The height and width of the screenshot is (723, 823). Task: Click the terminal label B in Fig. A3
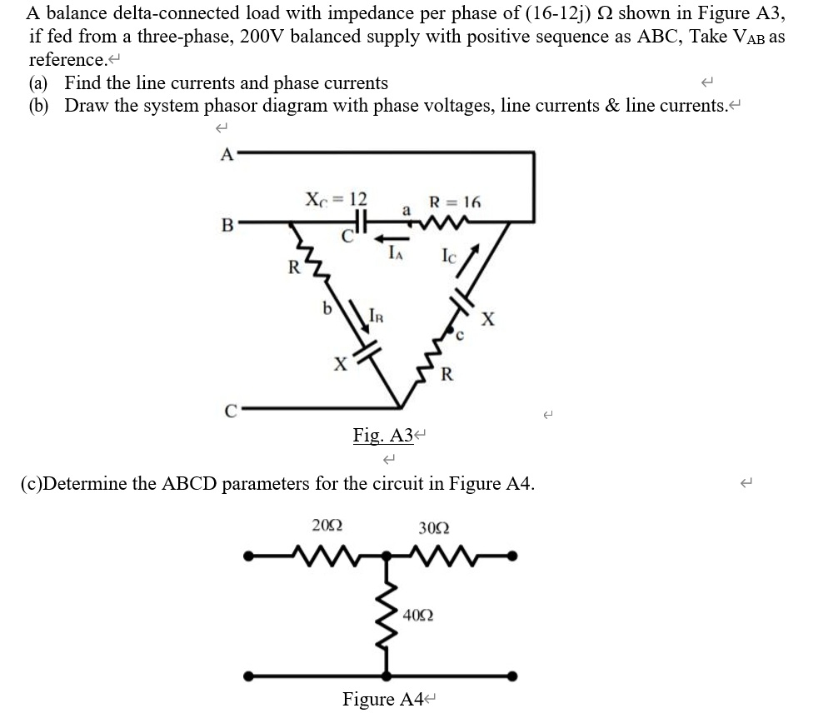pos(224,223)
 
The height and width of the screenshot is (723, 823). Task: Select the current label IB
pos(377,316)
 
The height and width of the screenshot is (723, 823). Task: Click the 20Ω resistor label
pos(327,525)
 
